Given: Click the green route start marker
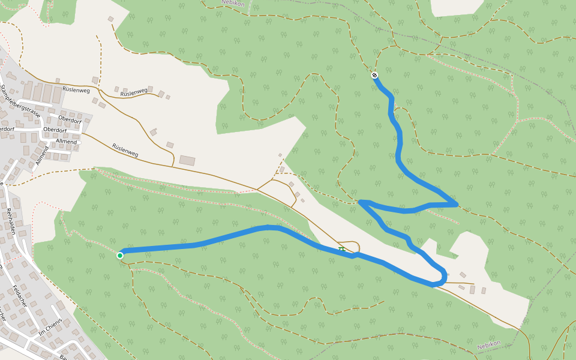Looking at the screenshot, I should tap(120, 256).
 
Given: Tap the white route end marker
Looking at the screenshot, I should tap(374, 75).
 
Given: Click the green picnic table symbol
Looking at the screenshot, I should tap(341, 248).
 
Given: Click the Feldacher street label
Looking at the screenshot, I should tap(20, 296).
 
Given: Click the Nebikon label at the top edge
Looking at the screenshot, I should tap(233, 3).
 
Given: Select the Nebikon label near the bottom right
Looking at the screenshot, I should tap(488, 345).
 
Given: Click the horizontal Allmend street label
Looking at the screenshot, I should tap(67, 142).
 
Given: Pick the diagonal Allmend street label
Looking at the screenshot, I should tap(41, 155).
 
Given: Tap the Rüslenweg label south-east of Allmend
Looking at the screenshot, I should tap(125, 150).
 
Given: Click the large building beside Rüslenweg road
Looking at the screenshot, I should tap(187, 160).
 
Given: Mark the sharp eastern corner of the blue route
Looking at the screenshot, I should tap(457, 205).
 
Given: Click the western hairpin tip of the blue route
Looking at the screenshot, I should tap(361, 202).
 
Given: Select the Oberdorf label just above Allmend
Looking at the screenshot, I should tap(55, 129).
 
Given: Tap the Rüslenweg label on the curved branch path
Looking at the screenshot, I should tap(134, 93).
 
